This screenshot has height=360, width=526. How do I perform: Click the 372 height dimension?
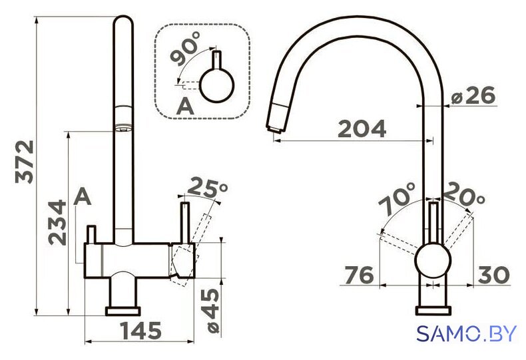point(25,162)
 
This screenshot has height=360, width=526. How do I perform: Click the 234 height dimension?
point(57,222)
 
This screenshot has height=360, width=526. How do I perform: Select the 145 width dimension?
point(141,331)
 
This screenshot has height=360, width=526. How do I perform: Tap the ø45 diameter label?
point(212,310)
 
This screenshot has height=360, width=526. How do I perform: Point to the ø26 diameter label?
point(473,96)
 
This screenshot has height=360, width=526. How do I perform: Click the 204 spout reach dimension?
point(362,128)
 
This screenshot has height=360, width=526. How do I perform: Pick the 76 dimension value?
point(360,275)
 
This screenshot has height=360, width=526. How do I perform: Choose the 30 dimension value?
point(494,275)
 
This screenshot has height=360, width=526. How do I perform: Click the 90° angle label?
point(185,49)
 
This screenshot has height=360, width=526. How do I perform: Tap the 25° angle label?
point(207,188)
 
